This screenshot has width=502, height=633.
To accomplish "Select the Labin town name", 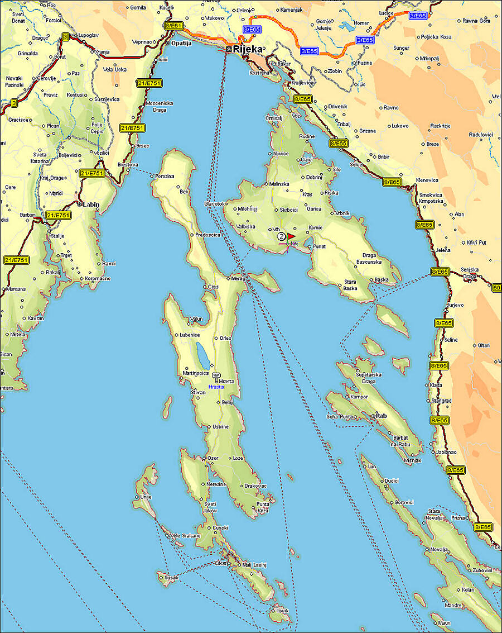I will tap(91, 204).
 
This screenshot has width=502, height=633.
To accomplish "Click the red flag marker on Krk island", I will tap(291, 236).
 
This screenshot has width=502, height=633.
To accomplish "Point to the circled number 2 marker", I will tap(281, 236).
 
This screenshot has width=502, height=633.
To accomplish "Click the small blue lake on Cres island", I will tap(200, 354).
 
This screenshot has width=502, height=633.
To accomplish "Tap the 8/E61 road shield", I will tap(173, 26).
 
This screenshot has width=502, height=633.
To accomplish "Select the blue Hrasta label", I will tap(216, 387).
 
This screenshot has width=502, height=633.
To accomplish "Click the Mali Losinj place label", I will tap(254, 565).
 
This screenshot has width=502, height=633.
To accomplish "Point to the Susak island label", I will tap(171, 577).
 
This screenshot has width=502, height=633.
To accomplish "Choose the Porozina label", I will tap(165, 177).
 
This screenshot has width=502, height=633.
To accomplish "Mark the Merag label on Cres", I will tap(238, 278).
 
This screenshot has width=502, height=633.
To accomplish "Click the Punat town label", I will tap(319, 246).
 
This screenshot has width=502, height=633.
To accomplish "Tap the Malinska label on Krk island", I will tap(279, 183).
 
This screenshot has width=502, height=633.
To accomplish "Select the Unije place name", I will tap(146, 497).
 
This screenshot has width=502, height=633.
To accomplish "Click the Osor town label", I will tap(213, 458).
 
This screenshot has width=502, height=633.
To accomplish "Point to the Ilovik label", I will tap(282, 611).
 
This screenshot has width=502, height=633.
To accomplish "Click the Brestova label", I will tap(128, 165).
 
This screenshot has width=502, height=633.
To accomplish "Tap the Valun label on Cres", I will tap(196, 318).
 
